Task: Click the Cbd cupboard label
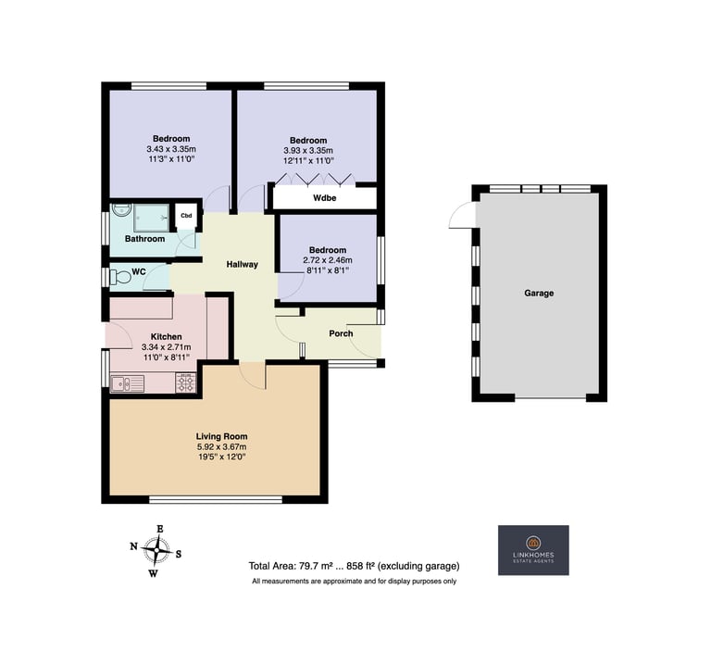186,216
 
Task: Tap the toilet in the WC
119,276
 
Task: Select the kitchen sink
128,383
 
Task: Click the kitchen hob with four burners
186,382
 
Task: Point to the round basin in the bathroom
122,209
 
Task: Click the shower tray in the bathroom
152,218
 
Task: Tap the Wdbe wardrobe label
325,198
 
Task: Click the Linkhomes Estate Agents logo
533,550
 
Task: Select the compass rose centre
156,550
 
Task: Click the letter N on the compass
133,546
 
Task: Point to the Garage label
539,293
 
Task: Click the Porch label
341,333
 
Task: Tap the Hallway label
243,265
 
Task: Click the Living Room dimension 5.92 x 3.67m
222,446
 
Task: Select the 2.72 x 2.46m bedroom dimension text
328,260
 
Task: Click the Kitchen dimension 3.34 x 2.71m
167,347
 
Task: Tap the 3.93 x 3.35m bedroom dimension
308,151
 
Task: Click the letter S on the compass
179,554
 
